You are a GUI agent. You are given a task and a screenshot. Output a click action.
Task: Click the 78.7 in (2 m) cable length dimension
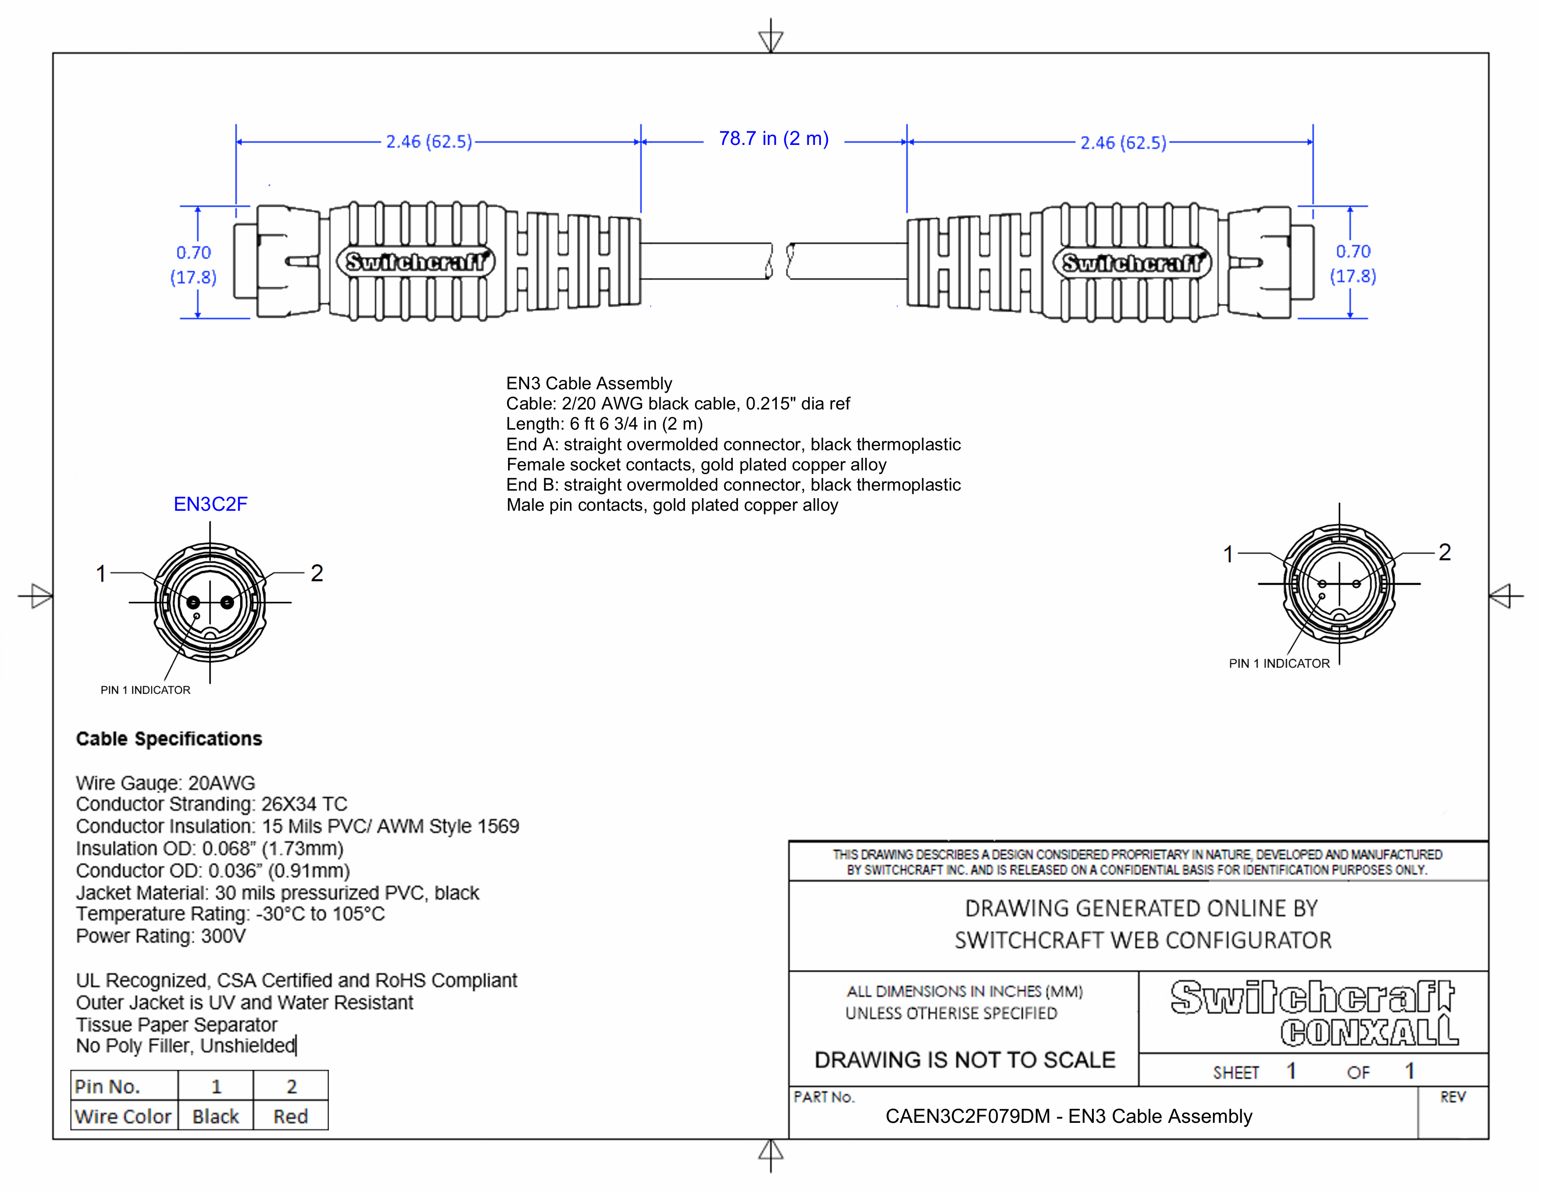click(773, 139)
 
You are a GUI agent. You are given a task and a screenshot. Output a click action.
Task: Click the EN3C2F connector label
click(211, 505)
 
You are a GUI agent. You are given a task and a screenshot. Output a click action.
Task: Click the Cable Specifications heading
click(169, 739)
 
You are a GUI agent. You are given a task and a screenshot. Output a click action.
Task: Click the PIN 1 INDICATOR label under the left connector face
click(145, 690)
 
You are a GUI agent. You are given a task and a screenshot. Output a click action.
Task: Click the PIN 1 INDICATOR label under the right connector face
click(1279, 664)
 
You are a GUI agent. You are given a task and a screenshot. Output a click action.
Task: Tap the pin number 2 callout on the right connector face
click(1444, 553)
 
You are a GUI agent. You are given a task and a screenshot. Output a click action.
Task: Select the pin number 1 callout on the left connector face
click(101, 573)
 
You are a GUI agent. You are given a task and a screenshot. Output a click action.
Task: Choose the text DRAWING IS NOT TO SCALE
click(964, 1060)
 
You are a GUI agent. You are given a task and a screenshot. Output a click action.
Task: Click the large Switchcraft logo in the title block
click(1312, 998)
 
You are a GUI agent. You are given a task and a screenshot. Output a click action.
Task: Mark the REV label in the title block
click(1452, 1098)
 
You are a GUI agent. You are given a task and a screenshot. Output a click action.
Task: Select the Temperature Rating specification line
click(230, 914)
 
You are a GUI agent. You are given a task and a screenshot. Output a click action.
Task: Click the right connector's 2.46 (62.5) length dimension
click(1123, 143)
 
